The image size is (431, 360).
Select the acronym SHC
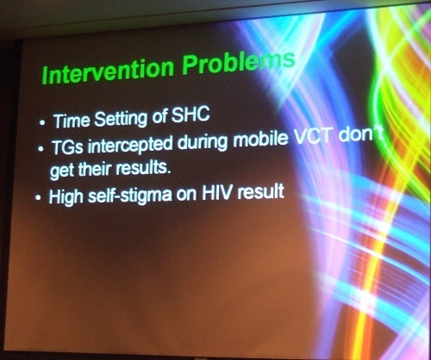pos(191,115)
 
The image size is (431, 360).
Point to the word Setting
pos(121,119)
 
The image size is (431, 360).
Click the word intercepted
pos(130,146)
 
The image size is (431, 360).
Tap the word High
pos(66,197)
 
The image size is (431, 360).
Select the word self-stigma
pos(130,196)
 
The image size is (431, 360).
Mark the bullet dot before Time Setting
pos(43,123)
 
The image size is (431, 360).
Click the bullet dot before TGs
pos(41,149)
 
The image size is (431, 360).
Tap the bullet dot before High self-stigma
pos(38,197)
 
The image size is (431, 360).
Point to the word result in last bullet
pos(261,191)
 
